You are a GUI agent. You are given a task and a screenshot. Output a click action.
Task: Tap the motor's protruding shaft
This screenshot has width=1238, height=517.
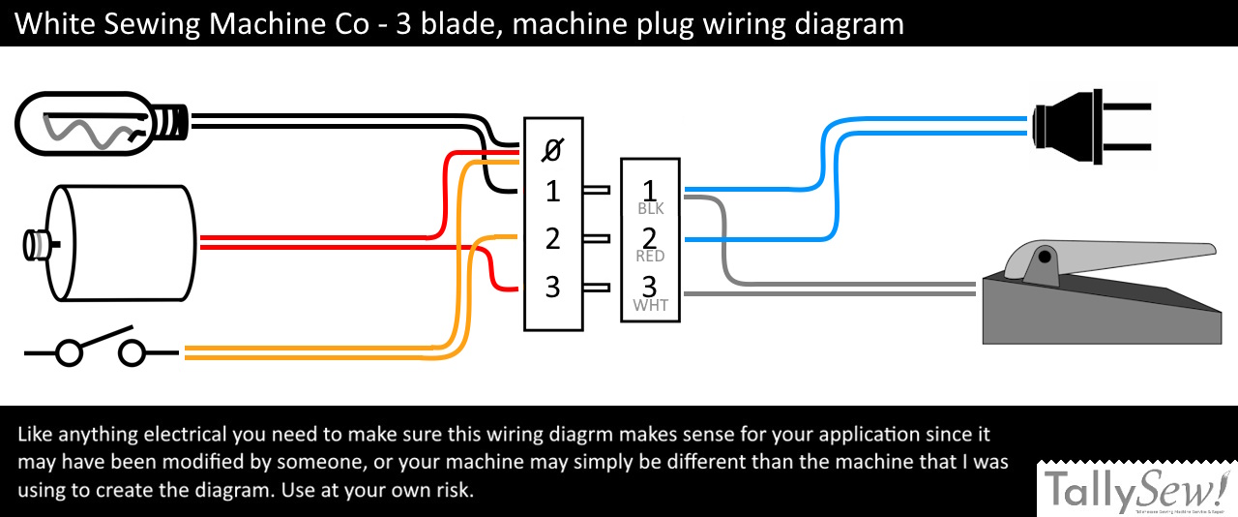[36, 243]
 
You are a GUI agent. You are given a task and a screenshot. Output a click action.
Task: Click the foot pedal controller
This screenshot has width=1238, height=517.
[1098, 295]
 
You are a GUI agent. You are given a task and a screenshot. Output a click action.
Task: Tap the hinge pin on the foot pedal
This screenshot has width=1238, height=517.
[1045, 258]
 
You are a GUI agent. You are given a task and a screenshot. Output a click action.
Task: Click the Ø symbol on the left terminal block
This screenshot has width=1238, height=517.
[552, 151]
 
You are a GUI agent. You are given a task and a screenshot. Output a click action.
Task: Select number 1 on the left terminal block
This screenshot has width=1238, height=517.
[552, 191]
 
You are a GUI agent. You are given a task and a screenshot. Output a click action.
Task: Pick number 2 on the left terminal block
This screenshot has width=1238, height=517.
[552, 238]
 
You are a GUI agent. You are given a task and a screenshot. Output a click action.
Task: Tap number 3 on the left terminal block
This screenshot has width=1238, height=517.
[552, 287]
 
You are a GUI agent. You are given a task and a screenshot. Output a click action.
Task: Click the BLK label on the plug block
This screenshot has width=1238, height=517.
[650, 208]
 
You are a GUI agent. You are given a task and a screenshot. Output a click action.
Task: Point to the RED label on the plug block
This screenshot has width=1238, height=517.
[650, 257]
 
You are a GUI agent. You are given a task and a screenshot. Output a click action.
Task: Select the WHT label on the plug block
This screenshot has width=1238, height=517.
[650, 305]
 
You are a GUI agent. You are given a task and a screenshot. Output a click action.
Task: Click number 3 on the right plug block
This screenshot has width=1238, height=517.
[650, 286]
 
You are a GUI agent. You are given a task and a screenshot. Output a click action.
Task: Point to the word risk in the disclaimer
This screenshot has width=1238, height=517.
[453, 490]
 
